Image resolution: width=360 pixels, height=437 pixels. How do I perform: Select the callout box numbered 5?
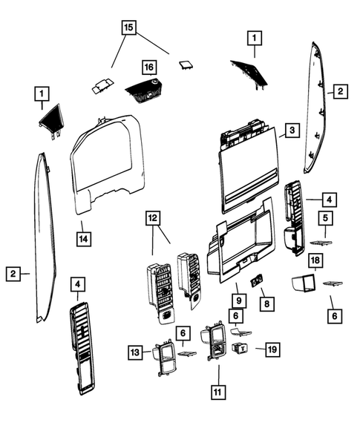tap(324, 217)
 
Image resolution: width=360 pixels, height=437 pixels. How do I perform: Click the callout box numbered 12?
tap(152, 219)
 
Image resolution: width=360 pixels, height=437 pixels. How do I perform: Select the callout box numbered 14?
tap(85, 238)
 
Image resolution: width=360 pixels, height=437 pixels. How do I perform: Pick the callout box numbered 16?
tap(149, 68)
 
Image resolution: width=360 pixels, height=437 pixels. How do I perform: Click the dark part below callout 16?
tap(145, 94)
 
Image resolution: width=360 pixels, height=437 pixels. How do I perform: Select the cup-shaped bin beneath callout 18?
tap(304, 283)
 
